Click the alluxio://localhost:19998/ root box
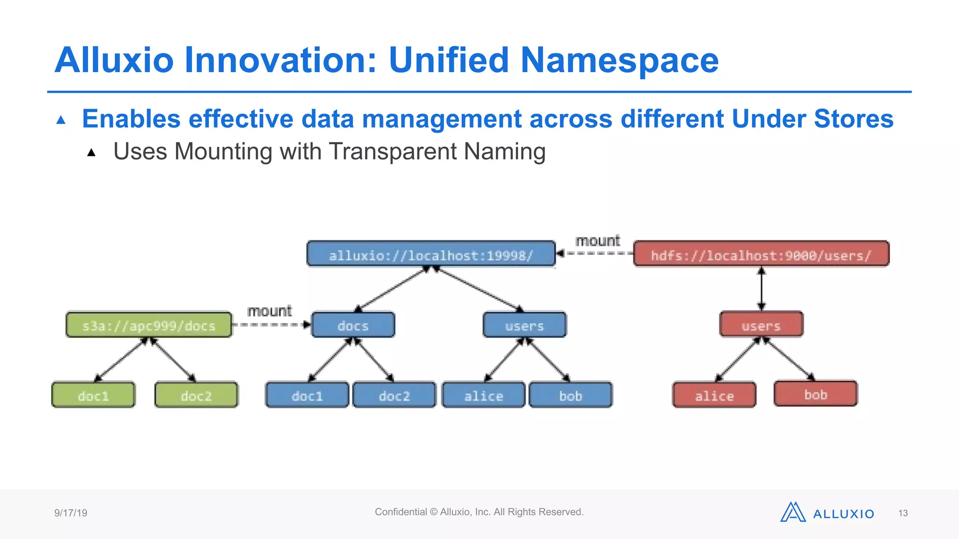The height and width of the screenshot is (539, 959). point(431,254)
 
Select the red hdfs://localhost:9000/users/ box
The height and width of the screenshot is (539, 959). point(761,254)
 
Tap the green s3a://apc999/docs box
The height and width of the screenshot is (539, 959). point(149,325)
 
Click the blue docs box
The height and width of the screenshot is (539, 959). point(353,325)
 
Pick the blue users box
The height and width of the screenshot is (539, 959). point(524,325)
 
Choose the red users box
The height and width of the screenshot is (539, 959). point(761,325)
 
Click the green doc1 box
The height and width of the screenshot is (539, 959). point(93,395)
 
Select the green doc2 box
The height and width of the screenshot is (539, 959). point(196,395)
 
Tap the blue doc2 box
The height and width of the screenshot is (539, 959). point(394,395)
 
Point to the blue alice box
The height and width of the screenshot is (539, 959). point(483,395)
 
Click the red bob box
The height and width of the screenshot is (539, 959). point(815,393)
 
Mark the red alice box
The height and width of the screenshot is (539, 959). point(714,395)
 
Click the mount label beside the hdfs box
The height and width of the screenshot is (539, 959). point(598,241)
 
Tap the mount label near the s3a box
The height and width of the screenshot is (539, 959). point(269,311)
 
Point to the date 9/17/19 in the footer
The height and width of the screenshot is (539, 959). point(71,513)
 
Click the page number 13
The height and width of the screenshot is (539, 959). point(903,513)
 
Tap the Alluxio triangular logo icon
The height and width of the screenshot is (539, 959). point(792,512)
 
